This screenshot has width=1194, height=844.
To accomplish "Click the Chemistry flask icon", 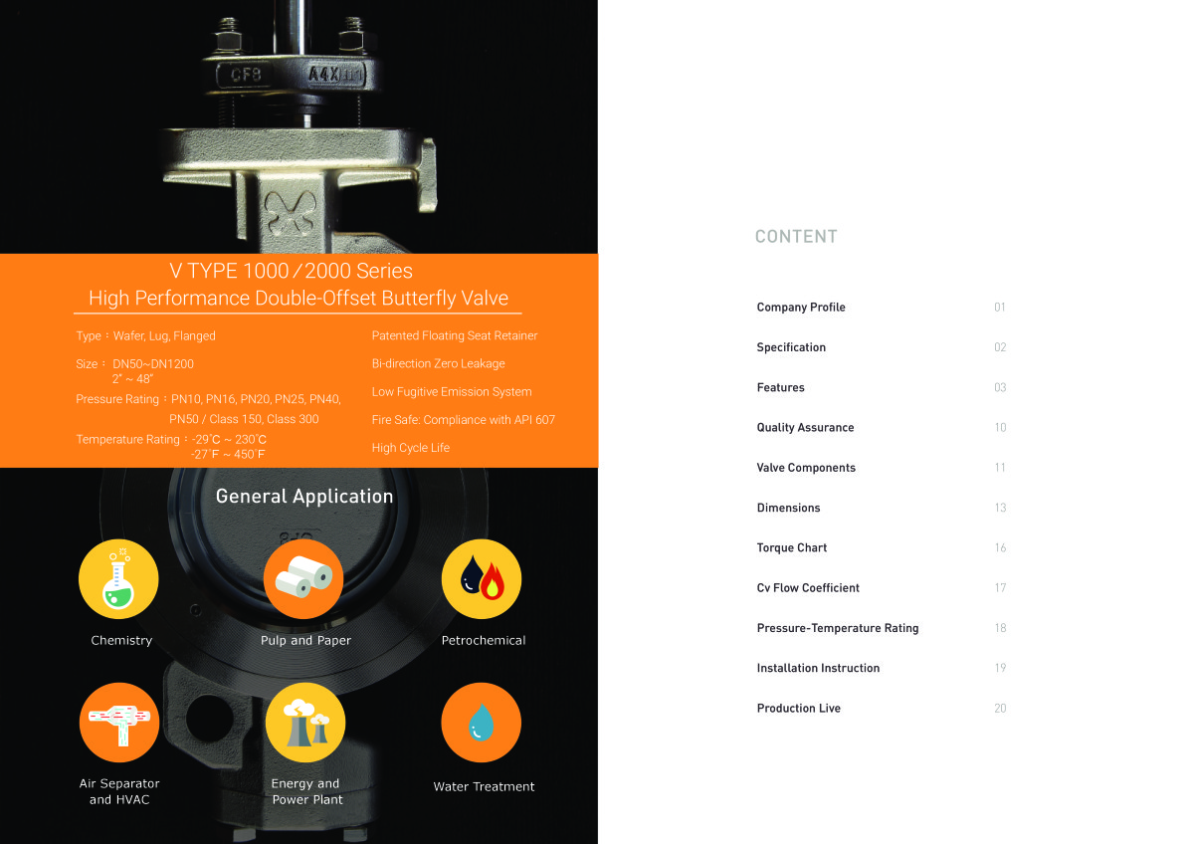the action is (118, 579).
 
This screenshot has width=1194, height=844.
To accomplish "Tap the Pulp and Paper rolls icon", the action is (303, 579).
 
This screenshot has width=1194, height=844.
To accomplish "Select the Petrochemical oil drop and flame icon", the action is (482, 579).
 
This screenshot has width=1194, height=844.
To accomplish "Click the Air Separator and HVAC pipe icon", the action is (119, 723).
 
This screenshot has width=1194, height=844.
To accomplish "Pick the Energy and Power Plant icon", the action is (305, 723).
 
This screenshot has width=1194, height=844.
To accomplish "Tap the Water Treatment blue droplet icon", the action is (482, 723).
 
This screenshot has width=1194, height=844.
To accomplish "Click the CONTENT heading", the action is (796, 236).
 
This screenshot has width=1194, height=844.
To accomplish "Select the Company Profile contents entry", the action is (801, 308).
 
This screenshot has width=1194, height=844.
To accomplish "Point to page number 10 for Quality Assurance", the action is (1000, 428).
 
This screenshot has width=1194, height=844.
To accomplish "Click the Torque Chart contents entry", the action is (792, 547).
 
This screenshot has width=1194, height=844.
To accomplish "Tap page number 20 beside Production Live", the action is (1000, 708).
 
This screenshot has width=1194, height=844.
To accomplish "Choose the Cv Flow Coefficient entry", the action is (808, 587).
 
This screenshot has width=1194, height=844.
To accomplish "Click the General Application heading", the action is (304, 497).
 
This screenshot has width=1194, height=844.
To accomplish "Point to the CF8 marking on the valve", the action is (246, 74).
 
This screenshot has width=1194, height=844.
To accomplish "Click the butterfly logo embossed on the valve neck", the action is (291, 213).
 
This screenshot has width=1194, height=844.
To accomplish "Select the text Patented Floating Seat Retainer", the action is (455, 335).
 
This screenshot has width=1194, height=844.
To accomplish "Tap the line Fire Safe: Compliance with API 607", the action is (464, 420).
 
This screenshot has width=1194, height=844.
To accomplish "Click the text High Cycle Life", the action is (410, 448).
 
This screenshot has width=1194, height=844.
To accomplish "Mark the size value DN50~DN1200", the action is (153, 364).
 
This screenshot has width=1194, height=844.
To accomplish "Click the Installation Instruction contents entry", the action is (818, 668).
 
